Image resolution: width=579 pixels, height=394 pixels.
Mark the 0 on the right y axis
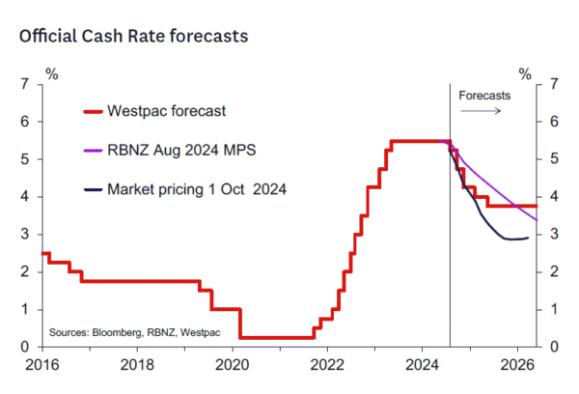coord(555,347)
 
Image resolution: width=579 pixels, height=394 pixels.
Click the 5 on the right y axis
coord(555,159)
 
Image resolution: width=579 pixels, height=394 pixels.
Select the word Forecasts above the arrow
coord(484,96)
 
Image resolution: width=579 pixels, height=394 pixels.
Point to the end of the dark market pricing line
coord(527,238)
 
